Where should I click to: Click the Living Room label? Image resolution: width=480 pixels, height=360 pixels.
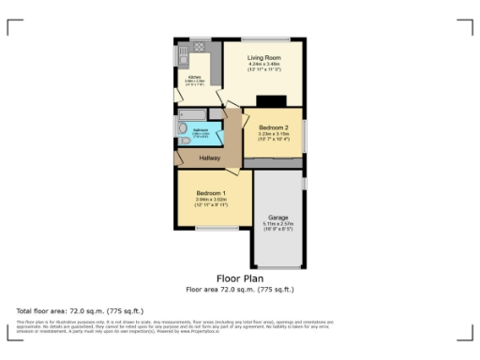point(263,58)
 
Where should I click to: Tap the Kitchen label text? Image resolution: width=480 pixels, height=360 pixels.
point(194,77)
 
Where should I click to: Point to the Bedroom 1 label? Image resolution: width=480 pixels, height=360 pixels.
point(211,192)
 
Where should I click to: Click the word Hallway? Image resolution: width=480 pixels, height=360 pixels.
point(209,158)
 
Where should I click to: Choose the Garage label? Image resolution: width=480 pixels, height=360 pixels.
point(277,217)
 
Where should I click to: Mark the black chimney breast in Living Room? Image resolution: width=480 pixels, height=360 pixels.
point(272,101)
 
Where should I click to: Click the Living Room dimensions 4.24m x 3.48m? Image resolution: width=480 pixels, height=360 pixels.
point(263,65)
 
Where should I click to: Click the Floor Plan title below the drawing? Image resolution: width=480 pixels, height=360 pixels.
point(239,278)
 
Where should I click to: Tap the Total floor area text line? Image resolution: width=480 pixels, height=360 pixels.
point(67,309)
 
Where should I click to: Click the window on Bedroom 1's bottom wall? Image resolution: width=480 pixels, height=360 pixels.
point(215,227)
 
